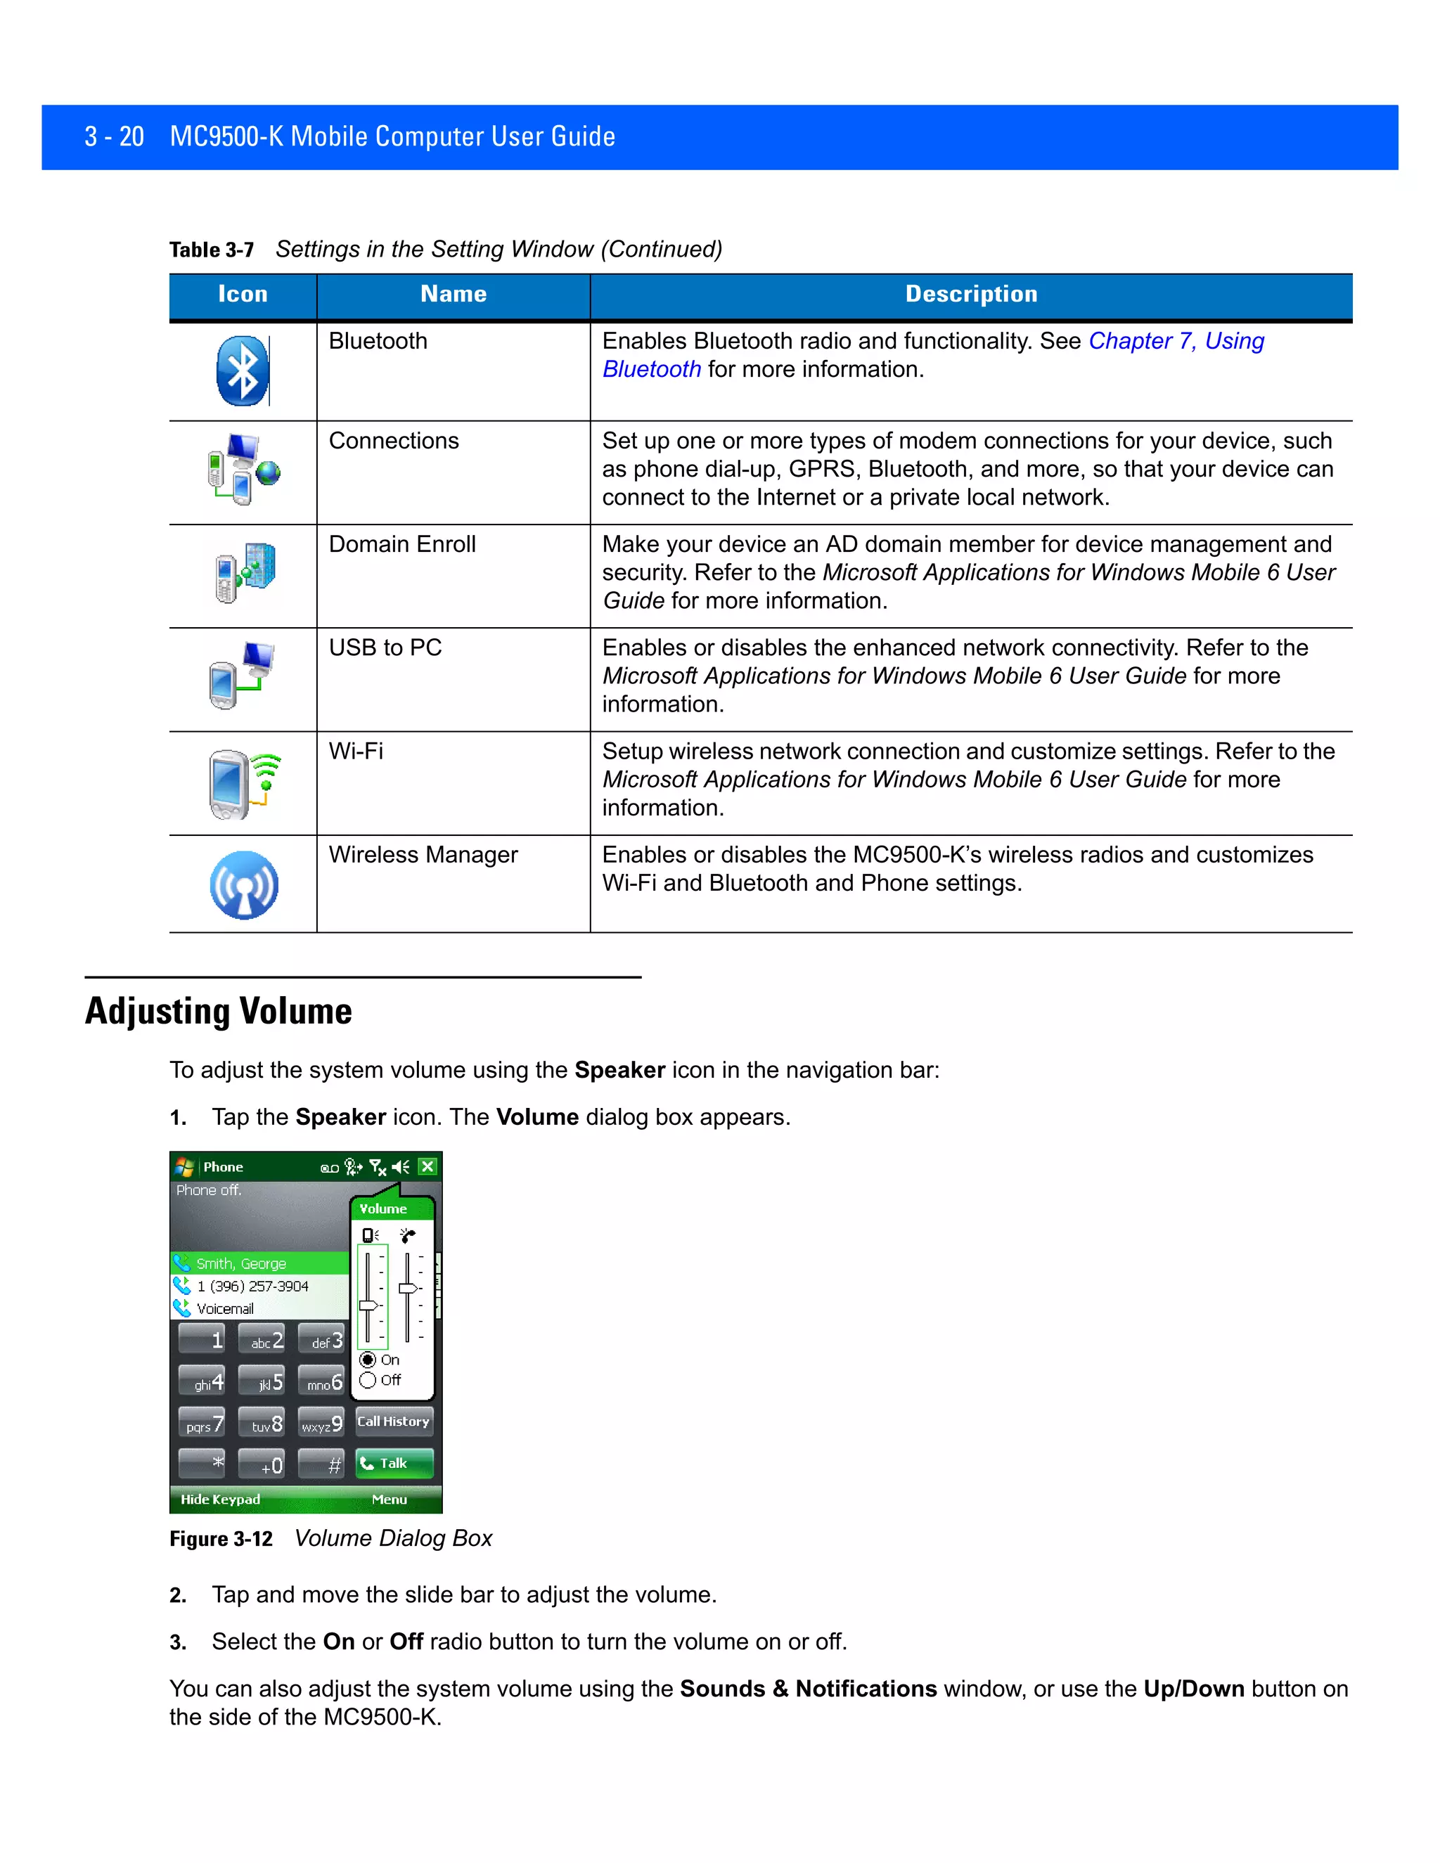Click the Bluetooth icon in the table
(x=243, y=371)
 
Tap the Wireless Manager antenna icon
(x=244, y=884)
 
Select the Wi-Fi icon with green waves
(x=244, y=783)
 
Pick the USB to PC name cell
(x=385, y=647)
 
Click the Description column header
(x=971, y=295)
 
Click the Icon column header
(x=243, y=295)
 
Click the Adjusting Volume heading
(x=219, y=1011)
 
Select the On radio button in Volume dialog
(x=368, y=1360)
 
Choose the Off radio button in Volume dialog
(x=368, y=1380)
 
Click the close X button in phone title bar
(x=428, y=1166)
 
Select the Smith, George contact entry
(x=241, y=1263)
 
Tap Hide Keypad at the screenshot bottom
(x=220, y=1499)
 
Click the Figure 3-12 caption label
(x=221, y=1539)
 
